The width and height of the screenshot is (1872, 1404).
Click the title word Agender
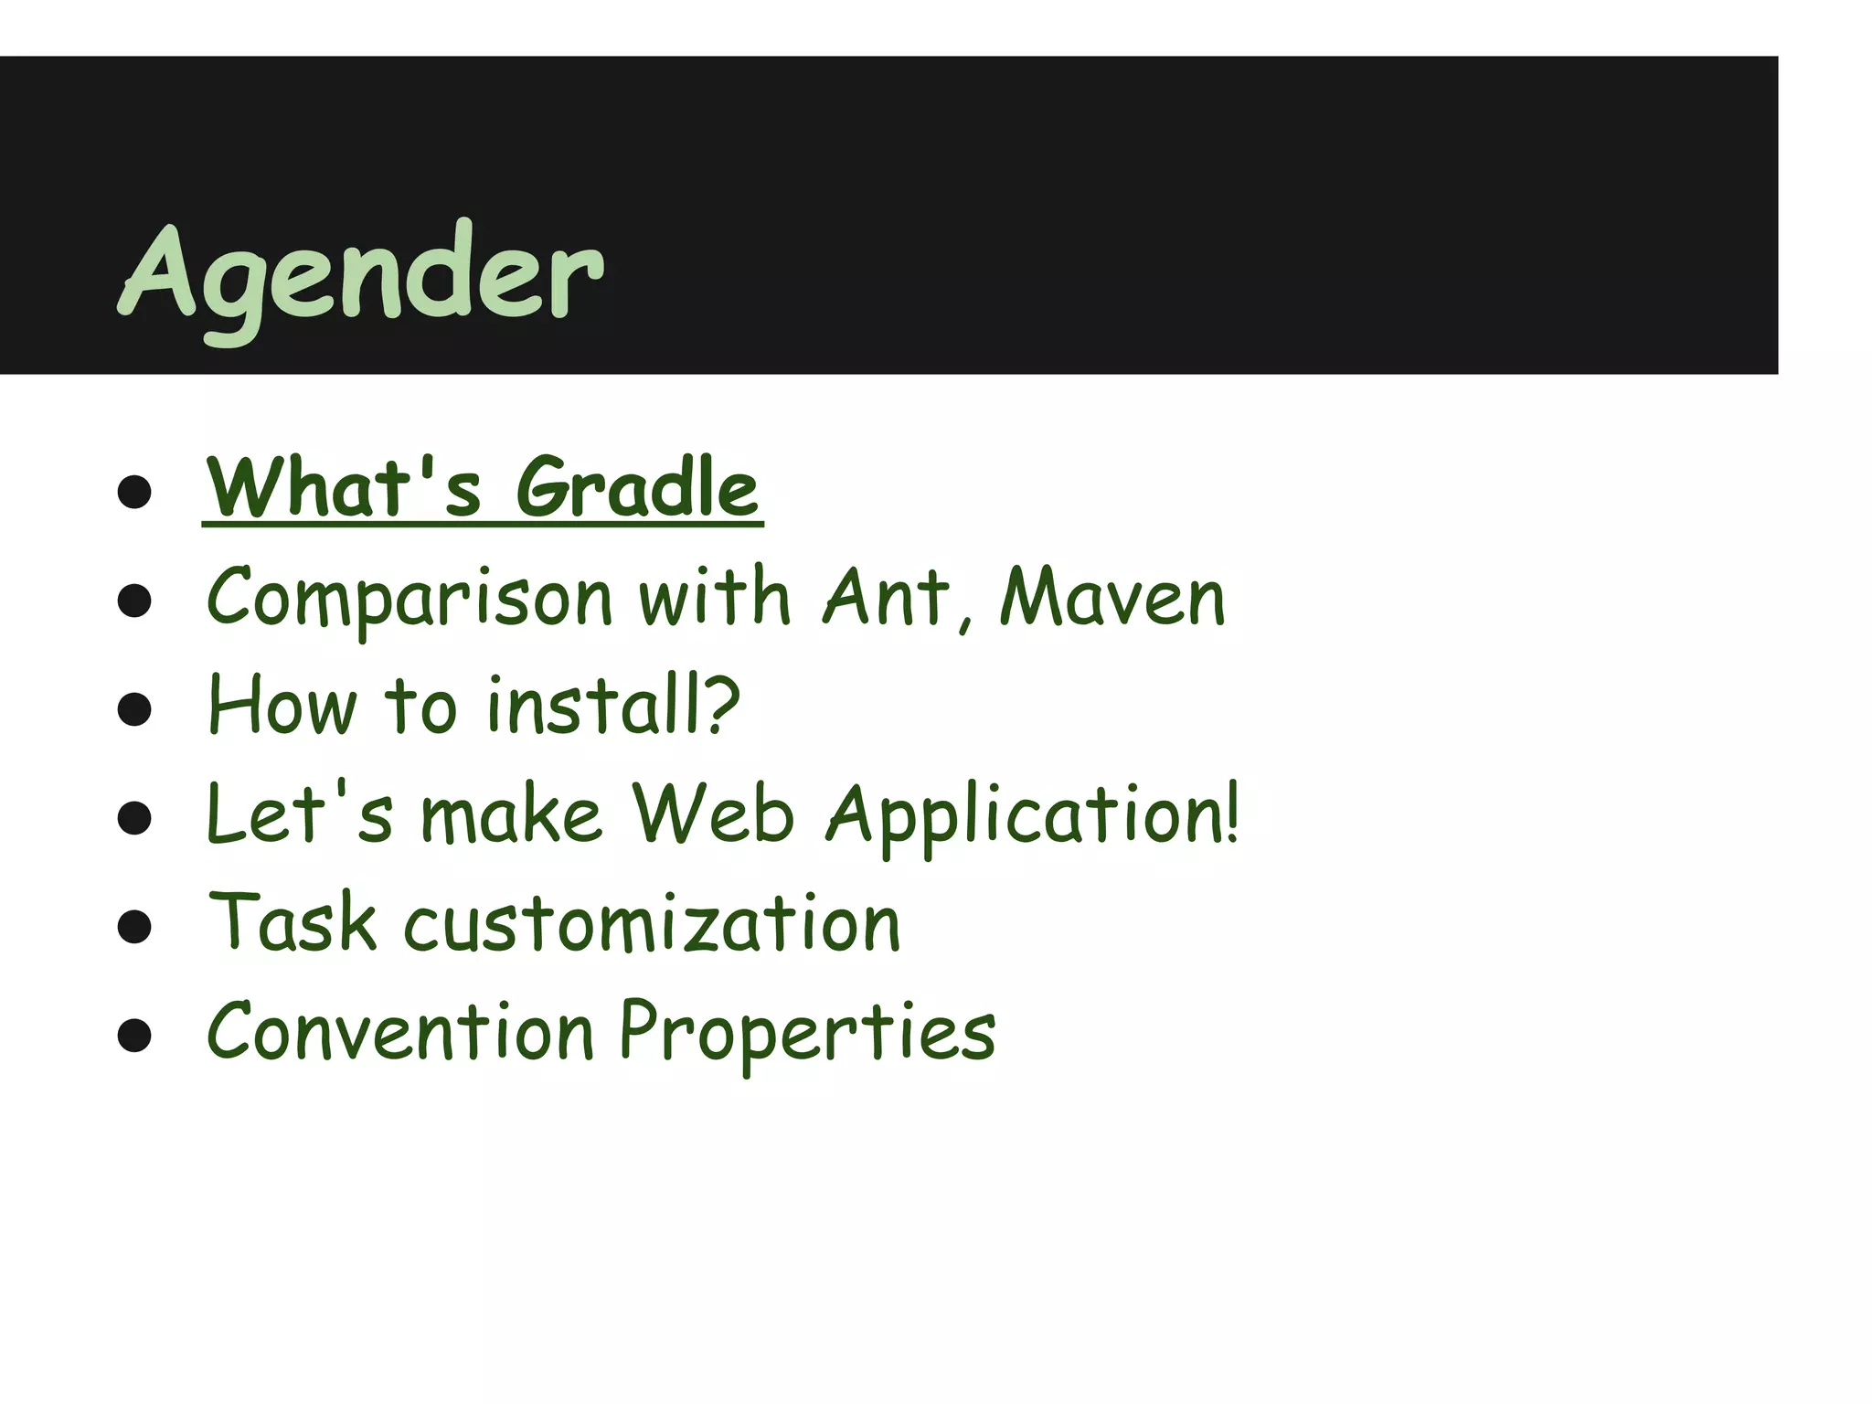click(x=361, y=274)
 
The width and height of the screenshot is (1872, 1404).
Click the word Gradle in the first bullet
click(x=637, y=487)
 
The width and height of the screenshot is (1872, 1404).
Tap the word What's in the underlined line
click(x=343, y=487)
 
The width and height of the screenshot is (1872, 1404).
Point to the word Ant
click(x=887, y=597)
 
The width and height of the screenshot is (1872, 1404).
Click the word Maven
click(x=1112, y=597)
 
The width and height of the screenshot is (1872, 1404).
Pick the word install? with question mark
click(x=612, y=705)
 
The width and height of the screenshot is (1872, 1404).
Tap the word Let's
click(x=300, y=813)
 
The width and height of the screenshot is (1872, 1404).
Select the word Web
click(x=713, y=813)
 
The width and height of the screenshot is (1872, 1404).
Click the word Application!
click(x=1033, y=814)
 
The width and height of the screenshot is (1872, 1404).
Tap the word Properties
click(x=808, y=1032)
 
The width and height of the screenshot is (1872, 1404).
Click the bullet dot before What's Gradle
click(x=134, y=492)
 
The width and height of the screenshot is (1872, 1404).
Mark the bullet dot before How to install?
click(x=134, y=709)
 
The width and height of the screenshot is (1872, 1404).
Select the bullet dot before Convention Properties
click(x=134, y=1036)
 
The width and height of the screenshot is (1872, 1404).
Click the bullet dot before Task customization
click(x=134, y=927)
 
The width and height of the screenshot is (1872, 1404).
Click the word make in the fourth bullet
click(x=511, y=814)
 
